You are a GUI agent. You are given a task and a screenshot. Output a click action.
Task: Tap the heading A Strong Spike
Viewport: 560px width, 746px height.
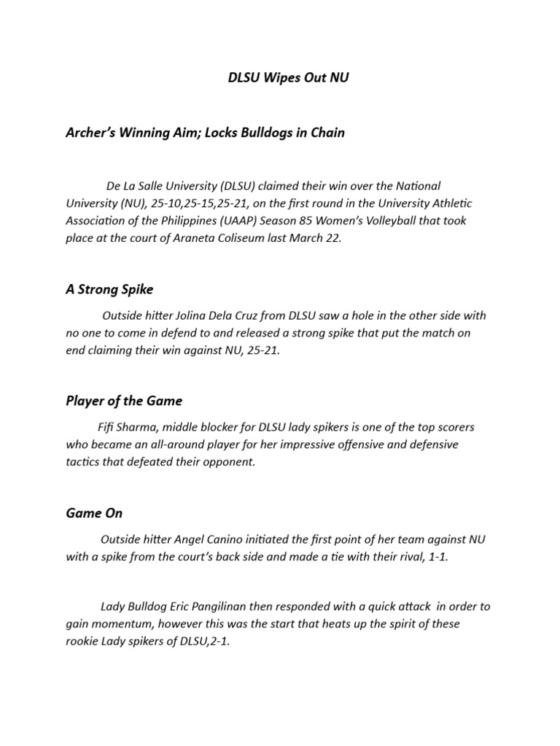[109, 289]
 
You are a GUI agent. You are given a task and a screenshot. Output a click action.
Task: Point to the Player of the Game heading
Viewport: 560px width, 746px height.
[124, 401]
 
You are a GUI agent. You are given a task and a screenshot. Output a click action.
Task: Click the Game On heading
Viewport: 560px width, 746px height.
[94, 513]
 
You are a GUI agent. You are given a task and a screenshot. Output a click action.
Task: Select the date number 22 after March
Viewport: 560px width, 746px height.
[332, 237]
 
